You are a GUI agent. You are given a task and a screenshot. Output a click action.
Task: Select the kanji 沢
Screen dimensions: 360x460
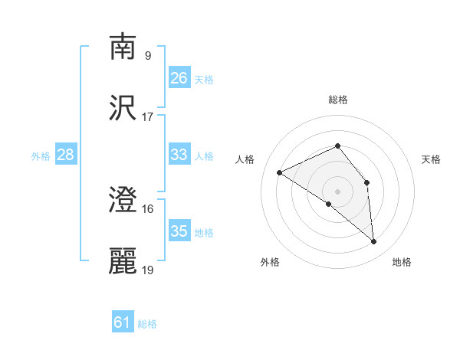tap(124, 109)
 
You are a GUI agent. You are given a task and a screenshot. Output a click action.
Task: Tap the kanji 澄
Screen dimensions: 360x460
tap(124, 201)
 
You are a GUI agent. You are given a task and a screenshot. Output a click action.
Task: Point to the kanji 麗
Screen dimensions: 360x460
tap(124, 261)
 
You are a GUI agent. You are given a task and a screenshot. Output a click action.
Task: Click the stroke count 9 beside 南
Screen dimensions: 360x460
tap(147, 55)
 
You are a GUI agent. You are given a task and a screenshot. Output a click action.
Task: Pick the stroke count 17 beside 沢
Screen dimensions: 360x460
tap(148, 117)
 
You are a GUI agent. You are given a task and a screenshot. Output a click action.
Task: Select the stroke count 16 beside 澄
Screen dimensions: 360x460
tap(148, 209)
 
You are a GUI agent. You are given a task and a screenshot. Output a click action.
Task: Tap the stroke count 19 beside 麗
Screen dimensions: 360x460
tap(148, 270)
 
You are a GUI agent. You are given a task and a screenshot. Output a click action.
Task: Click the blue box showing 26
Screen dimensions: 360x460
tap(179, 78)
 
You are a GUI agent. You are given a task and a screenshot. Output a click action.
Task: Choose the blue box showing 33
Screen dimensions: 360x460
tap(179, 155)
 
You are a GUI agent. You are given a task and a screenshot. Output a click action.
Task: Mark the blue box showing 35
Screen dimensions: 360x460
tap(179, 231)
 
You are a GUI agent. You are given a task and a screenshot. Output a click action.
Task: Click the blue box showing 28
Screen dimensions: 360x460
tap(66, 155)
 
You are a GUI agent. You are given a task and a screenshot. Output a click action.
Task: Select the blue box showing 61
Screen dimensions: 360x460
tap(123, 322)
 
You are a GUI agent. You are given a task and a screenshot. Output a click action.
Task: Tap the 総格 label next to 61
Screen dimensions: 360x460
tap(147, 324)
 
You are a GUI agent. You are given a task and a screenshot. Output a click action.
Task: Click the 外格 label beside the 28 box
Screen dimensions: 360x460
tap(41, 156)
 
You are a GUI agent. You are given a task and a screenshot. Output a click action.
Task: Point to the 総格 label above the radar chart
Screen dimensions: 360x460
tap(337, 100)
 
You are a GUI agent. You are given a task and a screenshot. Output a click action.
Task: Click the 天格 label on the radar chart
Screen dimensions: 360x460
tap(432, 159)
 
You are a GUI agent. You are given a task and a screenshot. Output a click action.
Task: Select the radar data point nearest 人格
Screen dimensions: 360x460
tap(280, 173)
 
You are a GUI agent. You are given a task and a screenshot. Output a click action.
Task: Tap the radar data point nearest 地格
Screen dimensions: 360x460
tap(374, 242)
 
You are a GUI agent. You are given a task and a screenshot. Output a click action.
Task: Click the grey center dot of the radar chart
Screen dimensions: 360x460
tap(337, 191)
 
